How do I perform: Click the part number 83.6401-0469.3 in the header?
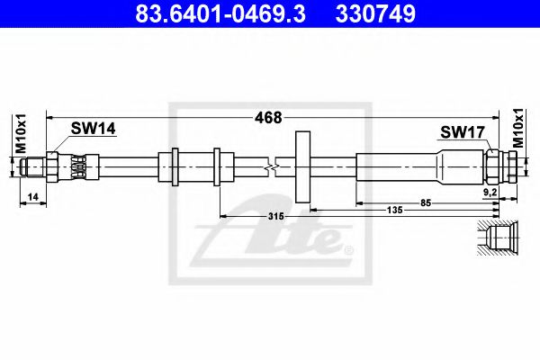[x=220, y=13]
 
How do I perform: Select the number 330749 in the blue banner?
[x=375, y=13]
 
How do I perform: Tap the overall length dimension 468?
[x=268, y=118]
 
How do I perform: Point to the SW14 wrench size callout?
[x=94, y=129]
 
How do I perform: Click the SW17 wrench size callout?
[x=463, y=132]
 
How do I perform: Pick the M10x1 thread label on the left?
[x=21, y=134]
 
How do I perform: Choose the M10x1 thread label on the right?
[x=518, y=128]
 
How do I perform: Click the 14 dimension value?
[x=32, y=197]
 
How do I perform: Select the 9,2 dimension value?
[x=490, y=193]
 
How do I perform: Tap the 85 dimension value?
[x=426, y=202]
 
